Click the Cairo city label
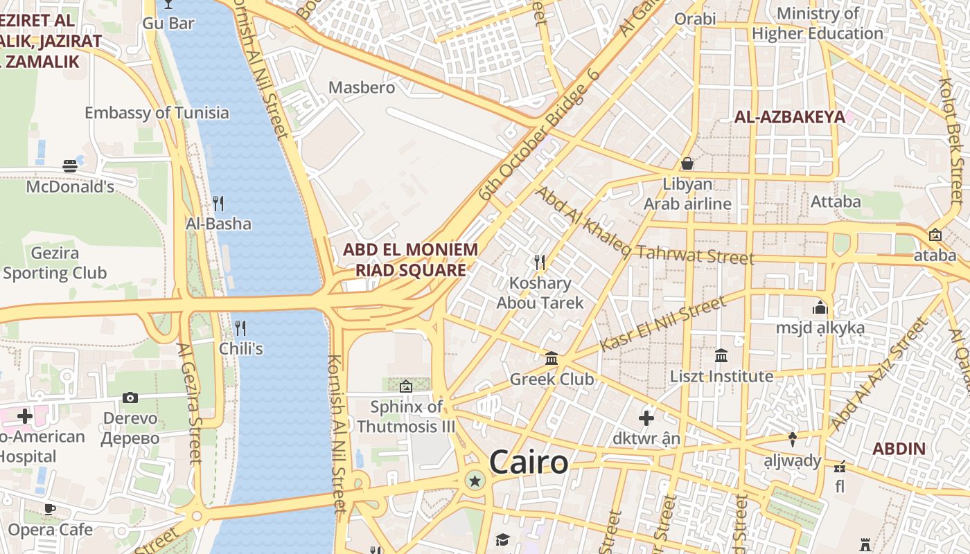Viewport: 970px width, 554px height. (529, 462)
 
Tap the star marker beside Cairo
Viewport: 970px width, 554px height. (475, 480)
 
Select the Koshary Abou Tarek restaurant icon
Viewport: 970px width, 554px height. (540, 262)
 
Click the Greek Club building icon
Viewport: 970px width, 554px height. (552, 358)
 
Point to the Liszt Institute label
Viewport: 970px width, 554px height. (721, 376)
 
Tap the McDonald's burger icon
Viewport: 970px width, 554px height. (70, 166)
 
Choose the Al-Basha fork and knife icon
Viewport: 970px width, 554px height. (218, 203)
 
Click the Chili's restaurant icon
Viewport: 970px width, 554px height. (240, 328)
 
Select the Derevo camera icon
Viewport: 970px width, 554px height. (130, 397)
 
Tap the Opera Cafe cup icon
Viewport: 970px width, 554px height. (50, 509)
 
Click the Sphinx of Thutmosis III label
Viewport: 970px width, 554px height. (406, 416)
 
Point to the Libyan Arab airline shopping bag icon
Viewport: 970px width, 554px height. (687, 163)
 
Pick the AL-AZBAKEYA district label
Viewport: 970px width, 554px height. (790, 117)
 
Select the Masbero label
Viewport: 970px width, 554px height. (362, 88)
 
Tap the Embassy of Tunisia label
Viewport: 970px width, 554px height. (157, 112)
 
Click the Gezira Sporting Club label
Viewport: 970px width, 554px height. (55, 263)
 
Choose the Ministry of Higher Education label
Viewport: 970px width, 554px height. (818, 24)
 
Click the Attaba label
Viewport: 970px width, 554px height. (836, 202)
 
